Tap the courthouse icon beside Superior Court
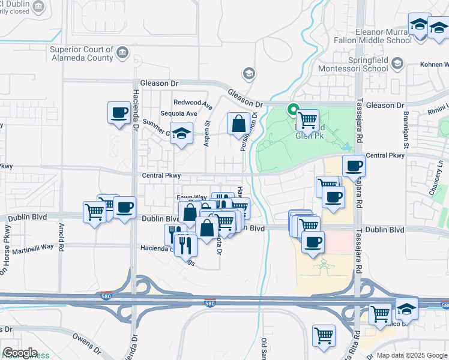pyautogui.click(x=123, y=52)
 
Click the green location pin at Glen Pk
pyautogui.click(x=293, y=110)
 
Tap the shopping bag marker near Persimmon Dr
pyautogui.click(x=239, y=124)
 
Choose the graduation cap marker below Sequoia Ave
pyautogui.click(x=181, y=133)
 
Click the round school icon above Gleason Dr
pyautogui.click(x=249, y=74)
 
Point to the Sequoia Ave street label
pyautogui.click(x=179, y=113)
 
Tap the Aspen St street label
pyautogui.click(x=208, y=133)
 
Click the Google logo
pyautogui.click(x=20, y=353)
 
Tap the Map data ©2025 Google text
pyautogui.click(x=411, y=355)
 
